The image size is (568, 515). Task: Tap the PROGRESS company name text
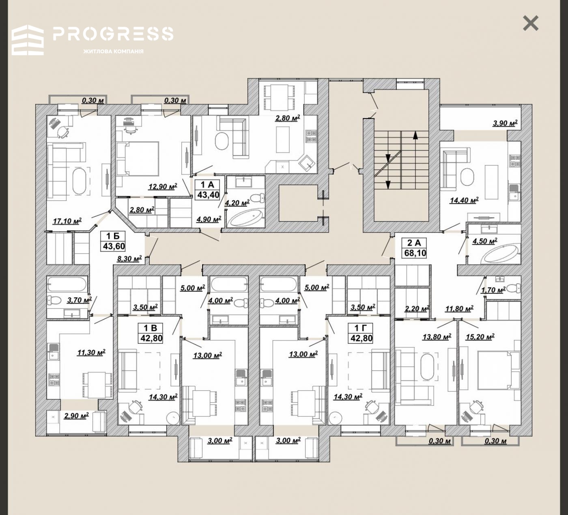tap(113, 34)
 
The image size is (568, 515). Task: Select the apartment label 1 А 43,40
tap(208, 190)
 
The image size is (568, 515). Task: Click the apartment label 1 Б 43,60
tap(113, 241)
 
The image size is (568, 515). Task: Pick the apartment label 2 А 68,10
tap(415, 248)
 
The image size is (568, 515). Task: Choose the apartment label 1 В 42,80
tap(151, 333)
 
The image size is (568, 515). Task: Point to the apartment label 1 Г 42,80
tap(361, 333)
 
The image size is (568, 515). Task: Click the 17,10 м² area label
tap(67, 221)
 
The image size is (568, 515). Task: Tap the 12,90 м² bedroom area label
tap(163, 186)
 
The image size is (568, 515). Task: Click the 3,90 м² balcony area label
tap(505, 123)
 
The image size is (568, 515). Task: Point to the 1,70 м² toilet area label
tap(493, 290)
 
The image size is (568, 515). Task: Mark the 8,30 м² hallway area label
tap(129, 259)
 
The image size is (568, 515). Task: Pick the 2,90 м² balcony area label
tap(76, 416)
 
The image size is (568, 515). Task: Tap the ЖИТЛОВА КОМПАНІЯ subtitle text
tap(113, 51)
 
